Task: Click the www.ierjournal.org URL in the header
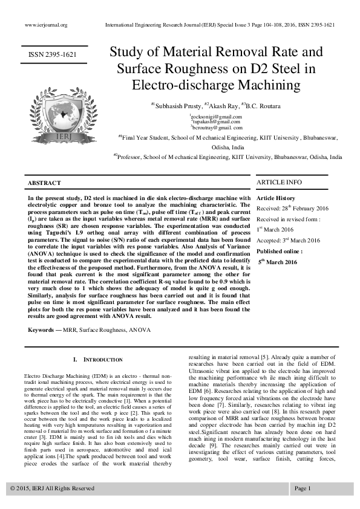46,25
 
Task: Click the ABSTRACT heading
44,183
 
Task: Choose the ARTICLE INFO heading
279,182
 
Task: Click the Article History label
276,198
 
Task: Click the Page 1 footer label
303,487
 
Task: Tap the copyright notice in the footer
53,487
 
